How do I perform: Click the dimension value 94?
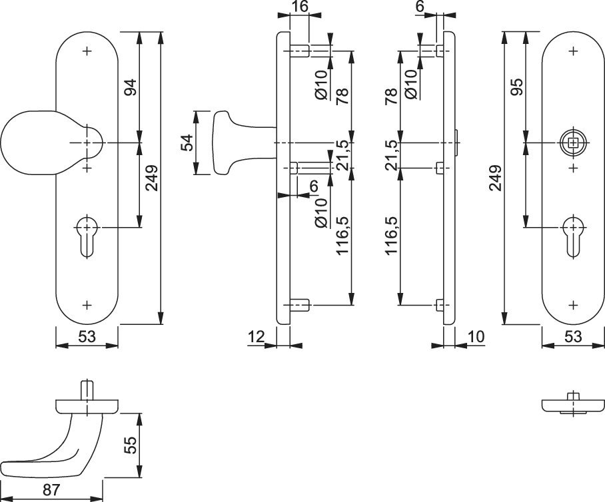pos(131,87)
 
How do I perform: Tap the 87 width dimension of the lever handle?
pos(51,490)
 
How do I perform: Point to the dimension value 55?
pos(131,445)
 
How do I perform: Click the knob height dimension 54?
pos(187,142)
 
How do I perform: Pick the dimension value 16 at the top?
pos(300,7)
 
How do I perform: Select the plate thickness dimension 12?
pos(256,337)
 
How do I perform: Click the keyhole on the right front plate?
pos(574,236)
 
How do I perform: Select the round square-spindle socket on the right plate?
pos(574,143)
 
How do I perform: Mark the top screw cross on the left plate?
pos(88,51)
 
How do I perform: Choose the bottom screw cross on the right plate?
pos(574,305)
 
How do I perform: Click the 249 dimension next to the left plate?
pos(151,178)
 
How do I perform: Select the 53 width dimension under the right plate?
pos(573,337)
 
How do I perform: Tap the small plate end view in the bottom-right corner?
pos(572,404)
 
